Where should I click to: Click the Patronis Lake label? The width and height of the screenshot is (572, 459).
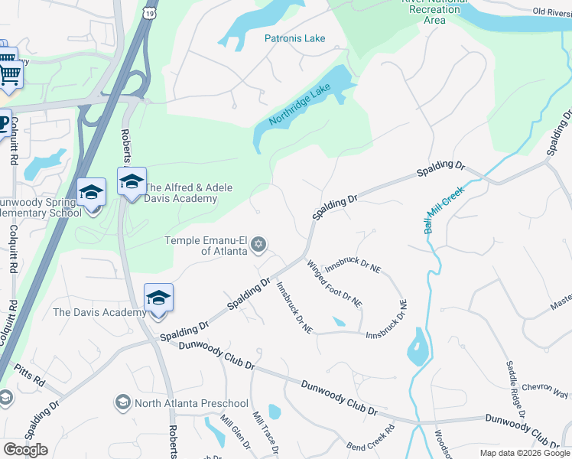(294, 38)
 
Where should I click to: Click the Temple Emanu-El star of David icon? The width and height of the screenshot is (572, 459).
(258, 244)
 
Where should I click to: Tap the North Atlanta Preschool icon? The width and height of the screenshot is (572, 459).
(122, 402)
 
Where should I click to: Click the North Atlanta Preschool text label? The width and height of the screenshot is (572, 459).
(191, 403)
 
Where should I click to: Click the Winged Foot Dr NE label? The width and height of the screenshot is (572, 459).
(334, 284)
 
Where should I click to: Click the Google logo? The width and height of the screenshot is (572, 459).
(25, 450)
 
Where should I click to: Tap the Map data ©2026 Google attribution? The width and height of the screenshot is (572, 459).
(525, 453)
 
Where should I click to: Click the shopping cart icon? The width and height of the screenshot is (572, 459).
(9, 74)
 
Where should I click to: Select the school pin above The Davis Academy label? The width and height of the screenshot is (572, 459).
(158, 298)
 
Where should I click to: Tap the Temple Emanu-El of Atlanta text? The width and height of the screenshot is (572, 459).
(206, 246)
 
